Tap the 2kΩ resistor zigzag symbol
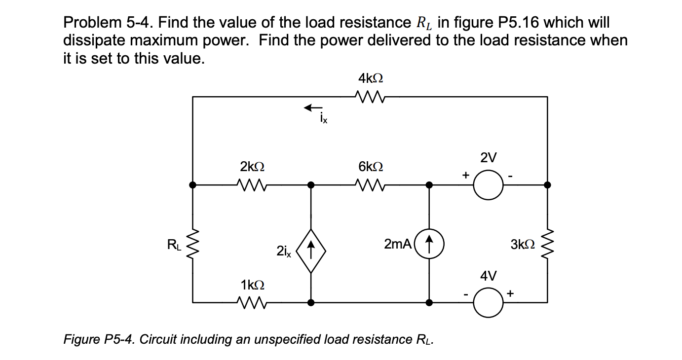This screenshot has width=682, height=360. coord(252,185)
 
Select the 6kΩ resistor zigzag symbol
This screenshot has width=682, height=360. coord(370,185)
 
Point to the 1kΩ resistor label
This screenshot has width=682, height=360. coord(252,285)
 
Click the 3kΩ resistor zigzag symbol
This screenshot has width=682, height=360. coord(547,244)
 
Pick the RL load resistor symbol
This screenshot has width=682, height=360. coord(193,244)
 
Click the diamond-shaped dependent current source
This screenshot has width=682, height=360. coord(310,244)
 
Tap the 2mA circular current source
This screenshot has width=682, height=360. coord(429,244)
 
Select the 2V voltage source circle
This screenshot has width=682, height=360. coord(488,185)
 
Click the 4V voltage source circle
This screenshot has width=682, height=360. coord(488,302)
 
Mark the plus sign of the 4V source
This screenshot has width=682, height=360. coord(510,293)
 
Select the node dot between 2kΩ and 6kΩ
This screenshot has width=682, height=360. coord(310,185)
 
